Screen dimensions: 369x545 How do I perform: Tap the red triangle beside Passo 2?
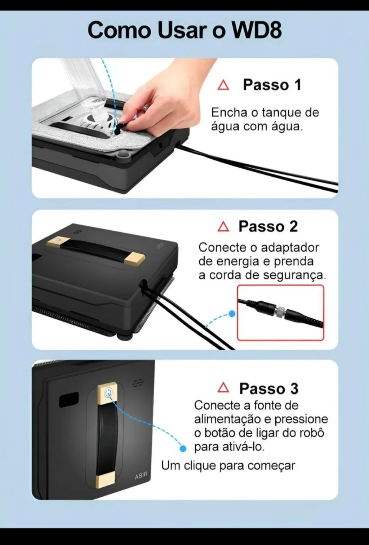coord(223,227)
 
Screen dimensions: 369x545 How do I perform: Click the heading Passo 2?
coord(268,226)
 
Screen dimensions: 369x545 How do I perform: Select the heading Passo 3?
coord(268,388)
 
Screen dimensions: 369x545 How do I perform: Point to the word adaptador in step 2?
coord(290,248)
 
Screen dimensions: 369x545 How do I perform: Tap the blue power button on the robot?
coord(108,392)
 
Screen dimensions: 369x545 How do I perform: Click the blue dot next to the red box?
coord(232,314)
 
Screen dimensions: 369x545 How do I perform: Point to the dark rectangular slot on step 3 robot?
coord(69,400)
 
